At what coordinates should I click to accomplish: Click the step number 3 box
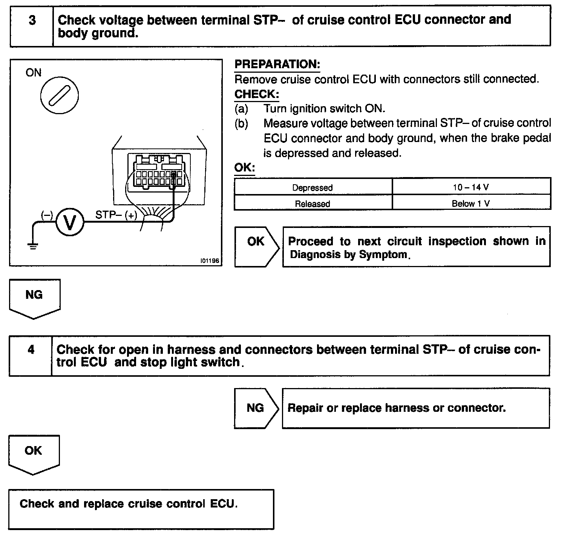pos(32,26)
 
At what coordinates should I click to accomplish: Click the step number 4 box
pos(31,355)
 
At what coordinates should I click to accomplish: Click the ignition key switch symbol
pos(60,96)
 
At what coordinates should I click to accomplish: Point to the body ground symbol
pos(33,247)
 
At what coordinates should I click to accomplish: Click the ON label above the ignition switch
pos(34,73)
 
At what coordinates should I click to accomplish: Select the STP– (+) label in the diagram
pos(116,215)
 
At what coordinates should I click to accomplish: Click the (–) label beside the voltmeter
pos(47,215)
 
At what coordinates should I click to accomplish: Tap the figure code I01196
pos(210,261)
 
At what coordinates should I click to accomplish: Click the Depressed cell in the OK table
pos(313,187)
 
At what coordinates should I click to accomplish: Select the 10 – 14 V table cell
pos(471,187)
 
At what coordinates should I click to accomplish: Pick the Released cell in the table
pos(313,203)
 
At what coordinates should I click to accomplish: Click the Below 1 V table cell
pos(471,203)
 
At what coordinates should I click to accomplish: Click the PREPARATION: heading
pos(277,64)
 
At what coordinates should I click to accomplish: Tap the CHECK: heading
pos(256,94)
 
